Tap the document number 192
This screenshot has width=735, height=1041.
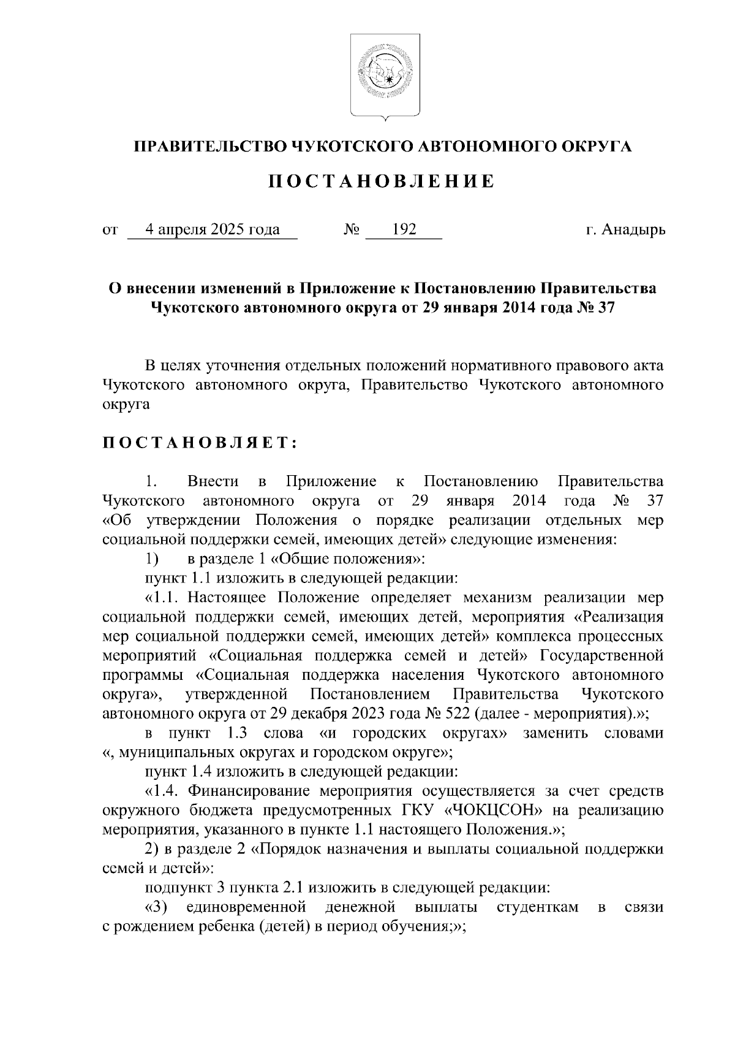click(404, 230)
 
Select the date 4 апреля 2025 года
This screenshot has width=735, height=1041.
click(212, 230)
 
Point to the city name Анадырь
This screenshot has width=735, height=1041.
click(634, 230)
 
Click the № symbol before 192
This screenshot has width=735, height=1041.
click(352, 230)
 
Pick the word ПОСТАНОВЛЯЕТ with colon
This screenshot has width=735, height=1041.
click(200, 443)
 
